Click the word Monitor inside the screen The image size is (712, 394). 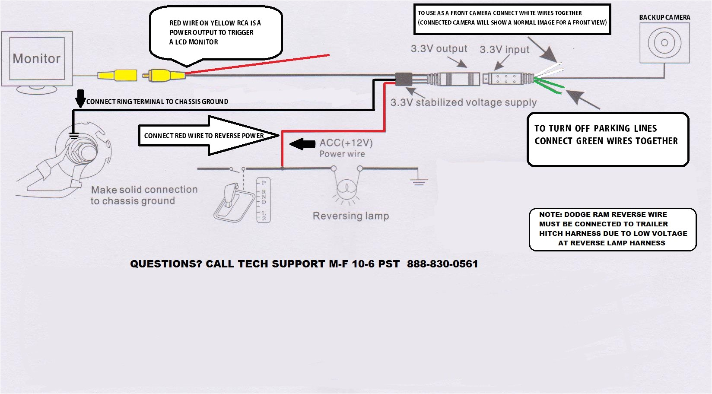[x=37, y=59]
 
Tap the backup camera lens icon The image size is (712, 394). [x=664, y=43]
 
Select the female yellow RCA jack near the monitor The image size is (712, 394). [x=117, y=76]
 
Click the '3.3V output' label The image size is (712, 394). [x=439, y=49]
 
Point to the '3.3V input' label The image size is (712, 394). [x=504, y=50]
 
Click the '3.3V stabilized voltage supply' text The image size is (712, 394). [x=463, y=103]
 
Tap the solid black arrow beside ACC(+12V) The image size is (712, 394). [x=302, y=144]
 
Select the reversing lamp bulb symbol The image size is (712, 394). [x=346, y=189]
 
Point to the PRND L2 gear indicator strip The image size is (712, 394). [x=264, y=200]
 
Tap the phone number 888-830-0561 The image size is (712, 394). [x=442, y=264]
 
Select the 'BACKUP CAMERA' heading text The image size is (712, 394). [x=664, y=17]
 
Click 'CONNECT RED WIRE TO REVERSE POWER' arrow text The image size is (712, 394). [x=203, y=136]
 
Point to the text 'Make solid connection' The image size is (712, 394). [x=144, y=190]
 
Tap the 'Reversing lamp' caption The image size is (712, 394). [x=350, y=216]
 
